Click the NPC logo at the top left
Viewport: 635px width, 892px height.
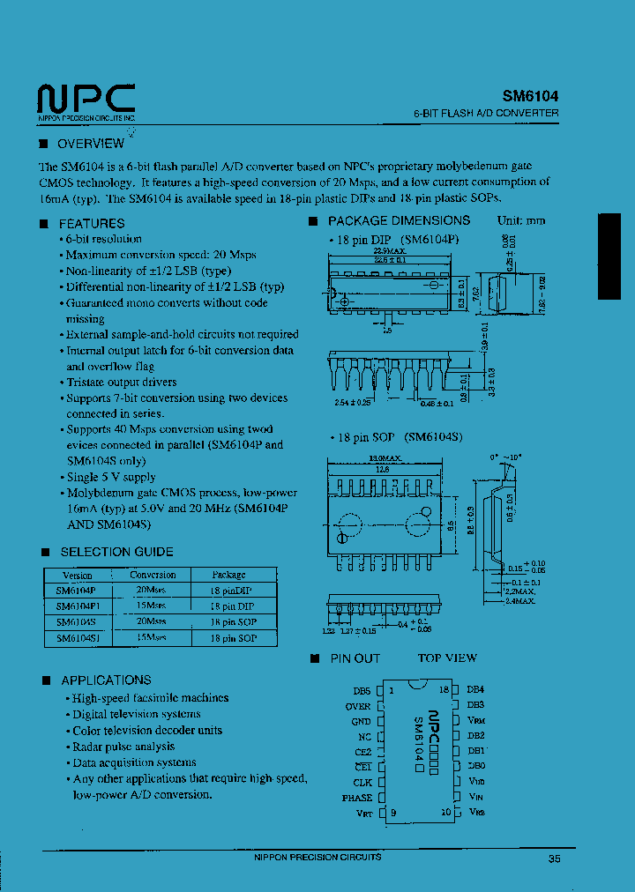(86, 99)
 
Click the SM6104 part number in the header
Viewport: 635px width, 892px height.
(530, 97)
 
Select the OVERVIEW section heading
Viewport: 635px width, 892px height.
(90, 144)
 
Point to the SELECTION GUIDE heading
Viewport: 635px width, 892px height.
(116, 552)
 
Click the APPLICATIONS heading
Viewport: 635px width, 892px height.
(106, 680)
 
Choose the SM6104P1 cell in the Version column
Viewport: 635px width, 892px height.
(78, 606)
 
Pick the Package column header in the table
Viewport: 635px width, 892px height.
(228, 575)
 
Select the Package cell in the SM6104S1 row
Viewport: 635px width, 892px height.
(233, 637)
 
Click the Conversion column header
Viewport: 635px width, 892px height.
(153, 575)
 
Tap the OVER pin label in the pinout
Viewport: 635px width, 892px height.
(358, 706)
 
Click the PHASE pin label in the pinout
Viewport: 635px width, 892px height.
(357, 798)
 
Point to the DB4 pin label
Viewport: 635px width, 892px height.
(475, 689)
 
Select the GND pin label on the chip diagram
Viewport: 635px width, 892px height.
(361, 721)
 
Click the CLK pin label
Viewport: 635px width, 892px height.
(362, 782)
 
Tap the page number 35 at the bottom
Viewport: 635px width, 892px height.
(554, 859)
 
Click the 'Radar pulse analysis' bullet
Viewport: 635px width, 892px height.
(123, 747)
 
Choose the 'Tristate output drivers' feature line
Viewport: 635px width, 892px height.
(122, 383)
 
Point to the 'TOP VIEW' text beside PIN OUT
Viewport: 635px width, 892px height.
(447, 658)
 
